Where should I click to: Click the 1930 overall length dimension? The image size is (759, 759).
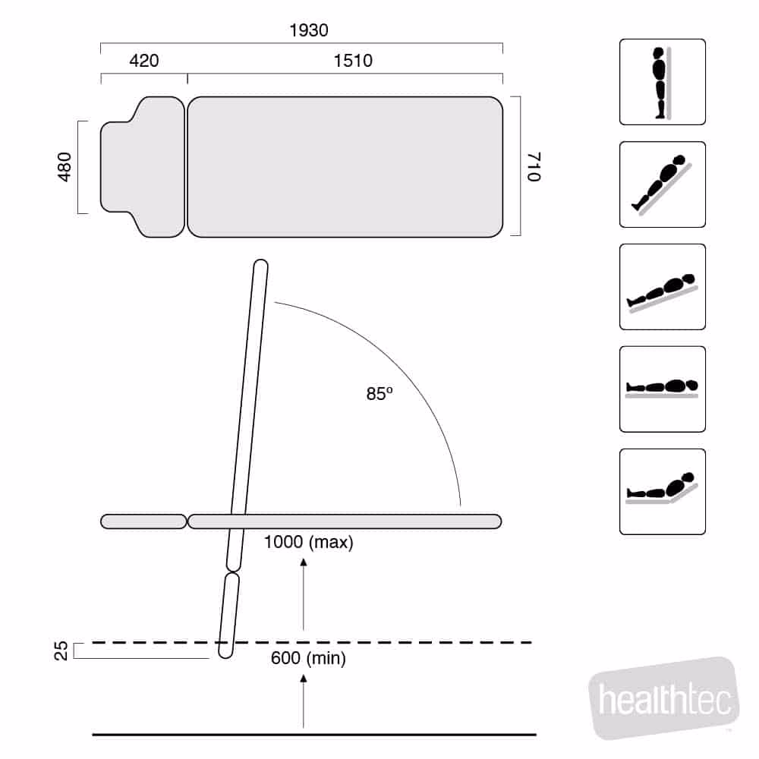coord(309,30)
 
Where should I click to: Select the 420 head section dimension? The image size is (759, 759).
coord(143,61)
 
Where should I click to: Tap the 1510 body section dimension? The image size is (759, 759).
coord(353,61)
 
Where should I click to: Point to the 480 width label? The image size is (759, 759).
coord(65,167)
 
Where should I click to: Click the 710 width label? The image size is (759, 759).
coord(534,167)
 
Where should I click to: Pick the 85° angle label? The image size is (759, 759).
coord(379,393)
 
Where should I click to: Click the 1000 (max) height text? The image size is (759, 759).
coord(308,542)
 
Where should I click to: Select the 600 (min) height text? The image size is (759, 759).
coord(308,658)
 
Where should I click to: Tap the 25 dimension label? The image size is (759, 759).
coord(61,651)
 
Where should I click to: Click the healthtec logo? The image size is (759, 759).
coord(663,698)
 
